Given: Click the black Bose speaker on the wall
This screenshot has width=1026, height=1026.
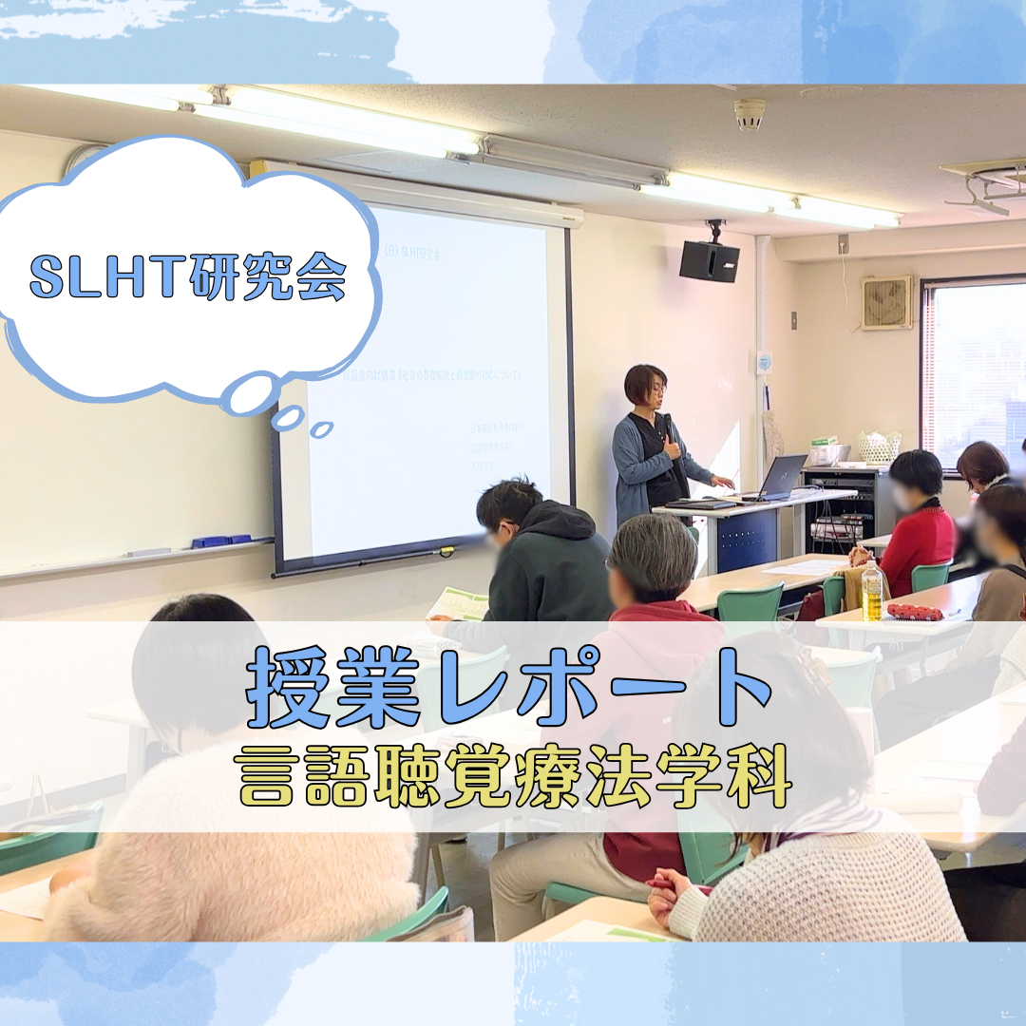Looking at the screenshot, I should coord(709,260).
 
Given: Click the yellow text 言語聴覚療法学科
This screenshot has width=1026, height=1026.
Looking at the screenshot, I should coord(514,776).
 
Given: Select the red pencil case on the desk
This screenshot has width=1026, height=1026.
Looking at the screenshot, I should coord(914,611).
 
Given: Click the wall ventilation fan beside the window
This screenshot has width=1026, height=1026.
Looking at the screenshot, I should coord(886,303).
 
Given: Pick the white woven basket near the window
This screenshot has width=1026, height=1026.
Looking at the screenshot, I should coord(879,446).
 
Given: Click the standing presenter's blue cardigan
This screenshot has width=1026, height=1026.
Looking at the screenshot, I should coord(634,465).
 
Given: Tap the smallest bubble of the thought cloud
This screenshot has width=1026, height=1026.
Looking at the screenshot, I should coord(322,429).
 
